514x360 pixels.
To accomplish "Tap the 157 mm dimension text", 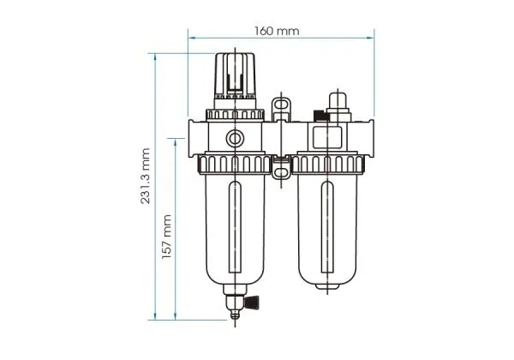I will point(168,237).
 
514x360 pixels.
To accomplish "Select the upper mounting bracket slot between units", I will point(279,108).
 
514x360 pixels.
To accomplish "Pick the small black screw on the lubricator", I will point(320,116).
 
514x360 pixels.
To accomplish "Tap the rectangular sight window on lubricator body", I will point(328,137).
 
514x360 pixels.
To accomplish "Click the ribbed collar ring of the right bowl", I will point(329,162).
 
